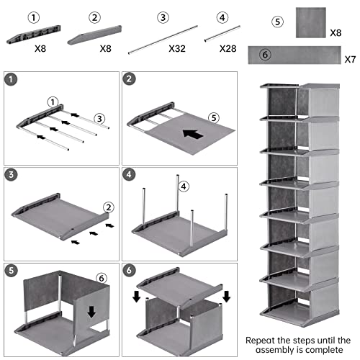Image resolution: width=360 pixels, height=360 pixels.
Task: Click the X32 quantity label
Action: [x=177, y=49]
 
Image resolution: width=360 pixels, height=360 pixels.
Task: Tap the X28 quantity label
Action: [x=228, y=49]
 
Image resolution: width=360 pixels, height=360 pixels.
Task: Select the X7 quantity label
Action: [x=350, y=59]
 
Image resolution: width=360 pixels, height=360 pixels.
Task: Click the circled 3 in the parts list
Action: [x=163, y=17]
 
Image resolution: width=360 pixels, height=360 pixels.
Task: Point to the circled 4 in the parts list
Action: [x=222, y=17]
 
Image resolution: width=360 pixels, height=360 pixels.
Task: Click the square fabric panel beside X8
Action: [x=311, y=22]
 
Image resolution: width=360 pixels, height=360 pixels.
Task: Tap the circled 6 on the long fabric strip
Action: [x=265, y=55]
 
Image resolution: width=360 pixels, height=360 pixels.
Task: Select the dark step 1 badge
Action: [x=11, y=79]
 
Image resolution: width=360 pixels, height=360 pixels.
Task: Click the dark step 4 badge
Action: [x=129, y=174]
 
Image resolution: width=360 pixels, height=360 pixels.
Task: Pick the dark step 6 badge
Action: [x=129, y=270]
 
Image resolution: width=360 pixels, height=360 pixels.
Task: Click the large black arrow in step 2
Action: [x=193, y=134]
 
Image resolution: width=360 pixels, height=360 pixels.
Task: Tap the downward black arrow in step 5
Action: [x=91, y=312]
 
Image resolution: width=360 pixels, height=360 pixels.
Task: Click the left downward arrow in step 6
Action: [x=137, y=297]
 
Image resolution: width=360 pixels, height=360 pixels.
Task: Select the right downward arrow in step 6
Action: [x=226, y=297]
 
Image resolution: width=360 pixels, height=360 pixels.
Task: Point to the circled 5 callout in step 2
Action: [x=214, y=118]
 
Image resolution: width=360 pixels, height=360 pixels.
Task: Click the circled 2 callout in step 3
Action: [x=109, y=207]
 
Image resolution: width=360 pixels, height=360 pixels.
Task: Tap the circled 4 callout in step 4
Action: [x=184, y=186]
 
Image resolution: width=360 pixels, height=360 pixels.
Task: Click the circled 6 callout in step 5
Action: [x=102, y=279]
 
